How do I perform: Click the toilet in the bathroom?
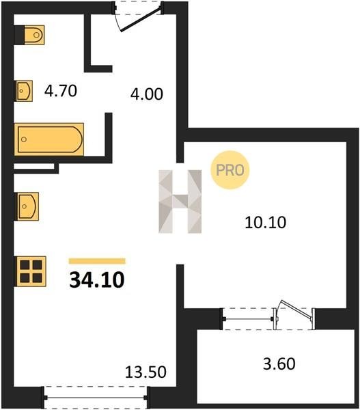(x=34, y=35)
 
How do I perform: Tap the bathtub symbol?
(x=49, y=139)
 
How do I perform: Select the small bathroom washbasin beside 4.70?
(x=25, y=91)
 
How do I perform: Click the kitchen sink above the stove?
(x=28, y=206)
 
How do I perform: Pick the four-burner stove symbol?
(x=31, y=271)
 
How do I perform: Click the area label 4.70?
(x=61, y=91)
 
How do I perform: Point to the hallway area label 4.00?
(x=147, y=94)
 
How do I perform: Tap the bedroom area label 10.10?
(x=265, y=223)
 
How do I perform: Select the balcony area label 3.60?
(x=279, y=364)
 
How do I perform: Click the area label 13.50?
(x=146, y=372)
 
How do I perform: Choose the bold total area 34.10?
(x=97, y=279)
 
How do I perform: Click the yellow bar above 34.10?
(x=97, y=261)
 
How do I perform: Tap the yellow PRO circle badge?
(x=230, y=170)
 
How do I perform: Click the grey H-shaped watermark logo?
(x=180, y=202)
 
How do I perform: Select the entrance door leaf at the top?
(x=141, y=20)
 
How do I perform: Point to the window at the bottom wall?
(x=96, y=398)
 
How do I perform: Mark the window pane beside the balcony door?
(x=249, y=319)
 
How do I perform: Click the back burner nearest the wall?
(x=25, y=265)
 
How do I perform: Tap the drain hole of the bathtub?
(x=24, y=139)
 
